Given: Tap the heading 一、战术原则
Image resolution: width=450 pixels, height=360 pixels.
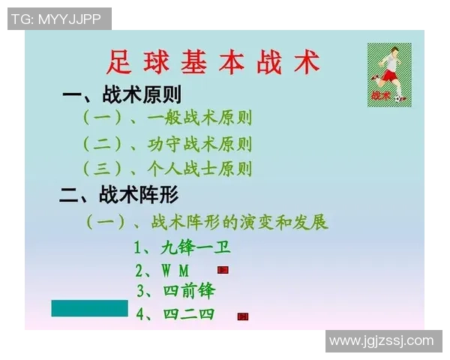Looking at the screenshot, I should (x=121, y=95).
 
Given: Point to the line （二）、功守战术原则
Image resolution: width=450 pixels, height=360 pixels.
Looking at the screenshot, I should (x=166, y=143).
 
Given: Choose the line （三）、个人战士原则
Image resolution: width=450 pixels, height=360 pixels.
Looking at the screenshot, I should (x=166, y=168).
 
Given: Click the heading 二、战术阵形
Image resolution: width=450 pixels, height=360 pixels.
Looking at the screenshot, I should (x=120, y=196).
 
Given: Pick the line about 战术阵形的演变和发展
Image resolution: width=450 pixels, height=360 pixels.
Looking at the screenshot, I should (x=206, y=223).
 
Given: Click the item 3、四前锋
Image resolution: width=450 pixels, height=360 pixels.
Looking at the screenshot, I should (x=177, y=291).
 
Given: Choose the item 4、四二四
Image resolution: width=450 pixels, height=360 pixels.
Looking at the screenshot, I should (x=175, y=314).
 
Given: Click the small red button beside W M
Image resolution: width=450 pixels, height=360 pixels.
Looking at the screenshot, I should (x=223, y=270).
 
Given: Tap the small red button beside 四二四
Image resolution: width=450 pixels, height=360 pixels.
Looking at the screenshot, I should (x=242, y=316).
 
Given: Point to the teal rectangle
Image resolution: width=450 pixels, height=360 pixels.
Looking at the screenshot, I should (x=89, y=307).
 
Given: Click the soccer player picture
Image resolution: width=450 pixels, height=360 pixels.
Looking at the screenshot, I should (x=388, y=73).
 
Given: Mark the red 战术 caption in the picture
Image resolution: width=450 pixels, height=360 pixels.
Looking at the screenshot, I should (x=380, y=95).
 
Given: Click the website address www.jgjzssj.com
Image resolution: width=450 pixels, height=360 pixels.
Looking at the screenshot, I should (x=382, y=341).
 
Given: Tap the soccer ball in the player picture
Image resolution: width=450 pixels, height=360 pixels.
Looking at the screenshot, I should (x=401, y=98).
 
